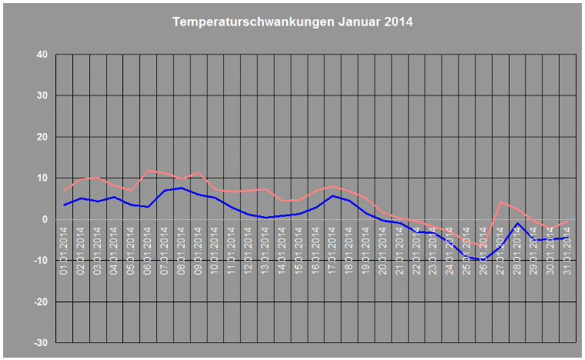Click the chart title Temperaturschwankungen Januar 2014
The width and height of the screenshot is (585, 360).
pyautogui.click(x=292, y=22)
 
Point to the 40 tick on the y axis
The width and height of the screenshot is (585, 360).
pyautogui.click(x=41, y=55)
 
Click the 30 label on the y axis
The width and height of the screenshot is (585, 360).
pyautogui.click(x=41, y=96)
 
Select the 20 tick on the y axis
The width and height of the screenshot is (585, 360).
pyautogui.click(x=41, y=137)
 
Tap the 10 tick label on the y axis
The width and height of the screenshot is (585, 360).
pyautogui.click(x=41, y=178)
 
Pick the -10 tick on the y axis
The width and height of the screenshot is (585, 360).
pyautogui.click(x=39, y=261)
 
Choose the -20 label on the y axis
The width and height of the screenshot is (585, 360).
pyautogui.click(x=39, y=302)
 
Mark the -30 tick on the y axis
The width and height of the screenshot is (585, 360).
pyautogui.click(x=39, y=342)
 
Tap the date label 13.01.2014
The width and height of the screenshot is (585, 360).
pyautogui.click(x=265, y=253)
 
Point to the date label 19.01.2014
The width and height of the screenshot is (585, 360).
pyautogui.click(x=366, y=253)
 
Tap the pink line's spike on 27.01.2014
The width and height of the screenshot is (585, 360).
pyautogui.click(x=500, y=202)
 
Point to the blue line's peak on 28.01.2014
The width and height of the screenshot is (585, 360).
pyautogui.click(x=517, y=224)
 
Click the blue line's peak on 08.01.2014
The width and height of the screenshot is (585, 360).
pyautogui.click(x=182, y=188)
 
